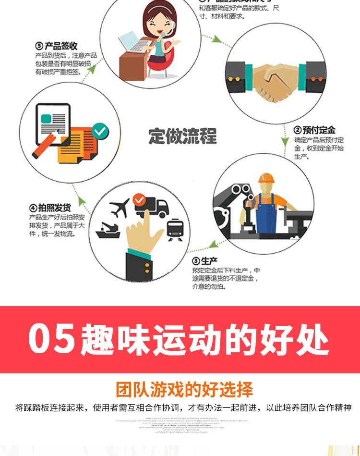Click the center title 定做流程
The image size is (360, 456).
[182, 136]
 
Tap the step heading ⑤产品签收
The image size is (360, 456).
[57, 46]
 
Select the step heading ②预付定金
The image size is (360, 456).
[314, 130]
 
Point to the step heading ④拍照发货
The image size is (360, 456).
[50, 208]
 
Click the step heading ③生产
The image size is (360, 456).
[204, 261]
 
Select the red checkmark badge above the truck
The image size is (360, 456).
[140, 198]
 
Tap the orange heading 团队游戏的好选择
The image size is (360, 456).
[184, 389]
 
